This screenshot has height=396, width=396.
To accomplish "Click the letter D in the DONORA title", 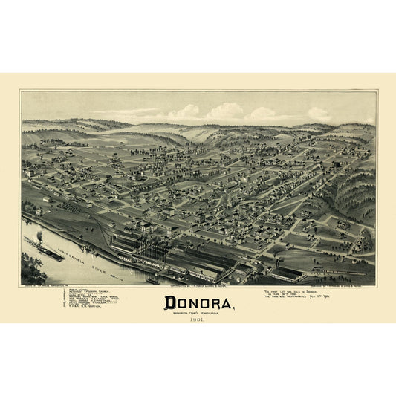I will click(x=168, y=303).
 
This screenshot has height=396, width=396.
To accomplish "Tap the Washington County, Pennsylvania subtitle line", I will click(x=198, y=313).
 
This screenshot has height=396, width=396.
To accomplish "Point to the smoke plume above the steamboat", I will click(x=39, y=237).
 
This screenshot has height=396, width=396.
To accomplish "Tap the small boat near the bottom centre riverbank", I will click(x=152, y=281).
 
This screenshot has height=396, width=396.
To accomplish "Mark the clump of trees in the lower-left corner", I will click(x=32, y=269).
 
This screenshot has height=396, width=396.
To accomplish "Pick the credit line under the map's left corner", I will click(x=49, y=286).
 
